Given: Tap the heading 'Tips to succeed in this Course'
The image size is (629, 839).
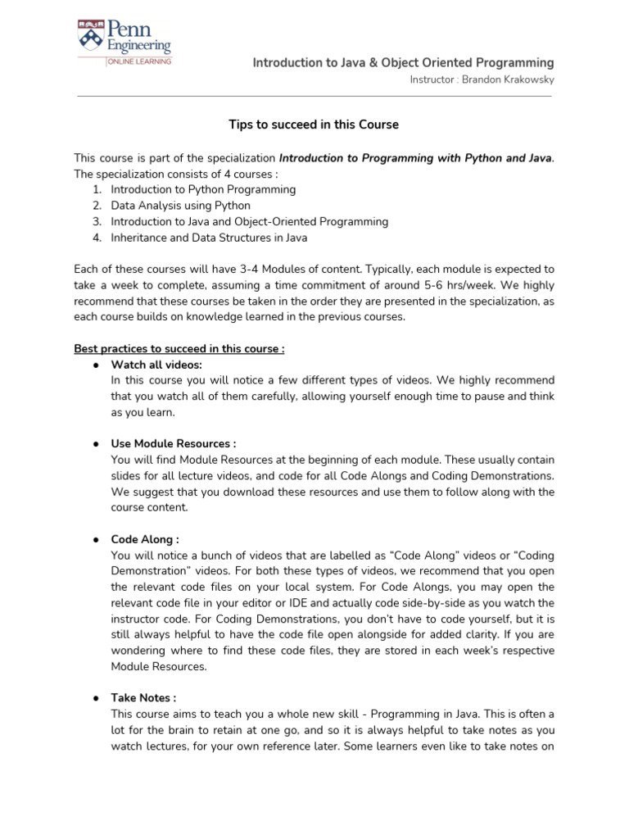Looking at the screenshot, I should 314,125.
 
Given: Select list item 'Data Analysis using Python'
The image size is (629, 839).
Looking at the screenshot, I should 181,206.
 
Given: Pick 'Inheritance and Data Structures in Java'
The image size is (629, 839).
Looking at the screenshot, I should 209,238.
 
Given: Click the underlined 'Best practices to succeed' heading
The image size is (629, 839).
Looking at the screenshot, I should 179,348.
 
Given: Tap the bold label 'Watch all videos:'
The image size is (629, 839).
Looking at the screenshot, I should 156,365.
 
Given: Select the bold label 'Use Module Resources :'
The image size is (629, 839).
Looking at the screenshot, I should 174,443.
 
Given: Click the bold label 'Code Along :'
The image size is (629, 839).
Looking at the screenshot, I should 145,539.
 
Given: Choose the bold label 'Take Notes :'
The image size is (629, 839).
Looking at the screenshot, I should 143,698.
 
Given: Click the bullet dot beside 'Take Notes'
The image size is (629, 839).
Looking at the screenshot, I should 95,698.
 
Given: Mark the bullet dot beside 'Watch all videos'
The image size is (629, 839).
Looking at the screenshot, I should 95,365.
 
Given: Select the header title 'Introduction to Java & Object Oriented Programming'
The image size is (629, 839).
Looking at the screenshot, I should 403,62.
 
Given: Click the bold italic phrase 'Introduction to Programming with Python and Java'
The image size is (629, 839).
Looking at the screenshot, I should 415,157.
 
